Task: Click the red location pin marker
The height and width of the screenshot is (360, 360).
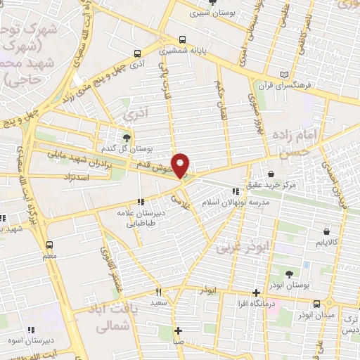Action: click(181, 165)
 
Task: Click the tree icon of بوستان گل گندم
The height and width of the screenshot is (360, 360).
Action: click(127, 138)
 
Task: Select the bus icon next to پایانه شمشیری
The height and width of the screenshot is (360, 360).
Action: click(183, 39)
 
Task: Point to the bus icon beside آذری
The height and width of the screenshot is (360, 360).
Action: click(136, 53)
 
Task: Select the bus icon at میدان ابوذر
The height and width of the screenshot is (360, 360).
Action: click(317, 304)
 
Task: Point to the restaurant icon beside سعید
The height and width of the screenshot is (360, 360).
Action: click(158, 292)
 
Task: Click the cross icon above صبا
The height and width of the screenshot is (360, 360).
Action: click(179, 330)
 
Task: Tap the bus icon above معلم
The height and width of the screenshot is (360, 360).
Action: click(49, 245)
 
